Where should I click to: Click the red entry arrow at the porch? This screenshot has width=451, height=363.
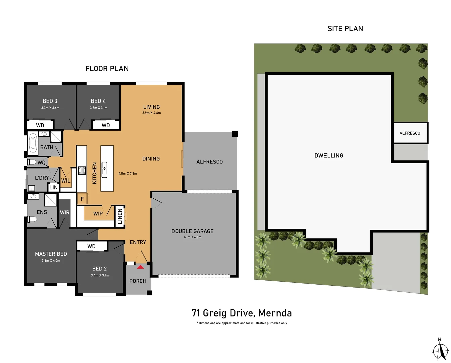140,267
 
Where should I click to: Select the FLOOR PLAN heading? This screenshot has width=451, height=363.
107,69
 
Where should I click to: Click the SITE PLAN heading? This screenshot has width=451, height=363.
345,29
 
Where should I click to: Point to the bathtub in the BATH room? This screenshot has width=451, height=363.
33,144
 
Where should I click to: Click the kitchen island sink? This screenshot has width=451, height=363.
104,170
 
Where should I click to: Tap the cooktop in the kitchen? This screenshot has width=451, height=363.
82,171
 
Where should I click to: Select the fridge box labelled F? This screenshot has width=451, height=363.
82,199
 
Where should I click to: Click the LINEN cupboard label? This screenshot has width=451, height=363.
120,216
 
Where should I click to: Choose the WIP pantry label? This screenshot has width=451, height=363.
98,214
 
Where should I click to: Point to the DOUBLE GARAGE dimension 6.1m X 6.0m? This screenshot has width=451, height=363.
193,237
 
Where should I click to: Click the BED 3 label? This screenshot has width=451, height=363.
50,101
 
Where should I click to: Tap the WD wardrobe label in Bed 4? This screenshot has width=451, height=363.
106,125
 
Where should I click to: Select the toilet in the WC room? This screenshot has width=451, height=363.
32,162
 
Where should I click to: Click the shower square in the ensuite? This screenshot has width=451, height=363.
51,200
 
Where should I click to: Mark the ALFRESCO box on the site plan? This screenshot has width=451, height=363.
410,133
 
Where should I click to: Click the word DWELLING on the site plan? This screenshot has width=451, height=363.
329,156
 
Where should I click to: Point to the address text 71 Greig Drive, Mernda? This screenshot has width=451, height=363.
242,313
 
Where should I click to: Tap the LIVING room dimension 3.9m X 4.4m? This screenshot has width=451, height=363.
151,113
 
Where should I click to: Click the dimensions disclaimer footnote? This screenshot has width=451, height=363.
242,323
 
